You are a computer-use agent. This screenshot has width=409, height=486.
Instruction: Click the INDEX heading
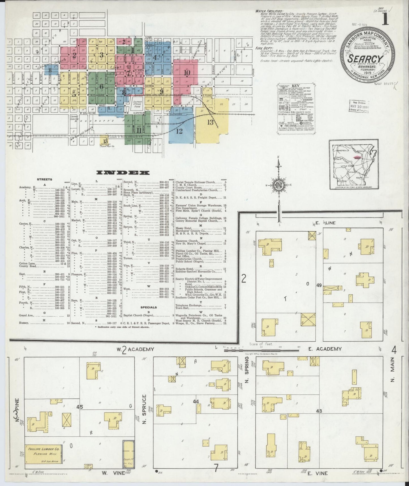point(123,172)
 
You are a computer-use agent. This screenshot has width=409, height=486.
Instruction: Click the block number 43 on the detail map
point(319,411)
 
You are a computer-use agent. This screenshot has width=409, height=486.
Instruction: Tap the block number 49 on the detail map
point(319,286)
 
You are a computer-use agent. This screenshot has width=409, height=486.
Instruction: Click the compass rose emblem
point(278,186)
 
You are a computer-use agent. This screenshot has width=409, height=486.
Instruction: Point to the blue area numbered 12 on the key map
point(179,131)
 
